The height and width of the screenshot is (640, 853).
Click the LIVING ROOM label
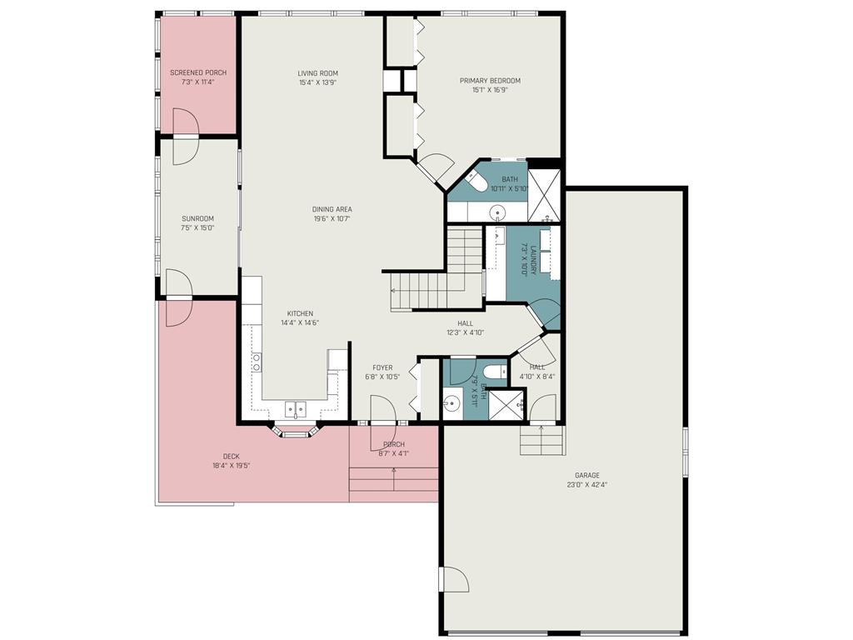tap(318, 73)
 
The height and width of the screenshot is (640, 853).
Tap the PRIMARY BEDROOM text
tap(490, 81)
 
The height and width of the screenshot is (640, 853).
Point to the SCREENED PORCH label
tap(198, 72)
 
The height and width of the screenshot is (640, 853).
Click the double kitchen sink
tap(296, 408)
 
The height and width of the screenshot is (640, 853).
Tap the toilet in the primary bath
tap(476, 181)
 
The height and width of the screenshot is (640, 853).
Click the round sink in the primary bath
tap(498, 213)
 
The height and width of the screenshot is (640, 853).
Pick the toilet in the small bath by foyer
tap(492, 372)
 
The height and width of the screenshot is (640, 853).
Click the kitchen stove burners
tap(257, 362)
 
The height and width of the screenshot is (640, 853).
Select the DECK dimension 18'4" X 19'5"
tap(231, 466)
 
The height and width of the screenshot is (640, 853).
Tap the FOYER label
tap(382, 367)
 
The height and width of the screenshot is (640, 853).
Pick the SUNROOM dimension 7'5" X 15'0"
tap(198, 227)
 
